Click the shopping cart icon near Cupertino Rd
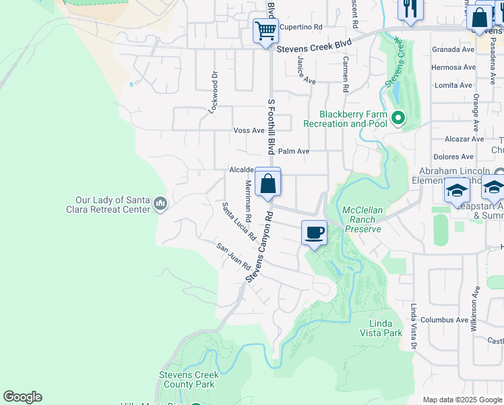pos(265,30)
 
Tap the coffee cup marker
pos(314,233)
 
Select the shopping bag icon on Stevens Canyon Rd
pos(267,182)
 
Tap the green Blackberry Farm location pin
pos(398,119)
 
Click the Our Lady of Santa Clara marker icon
pos(160,203)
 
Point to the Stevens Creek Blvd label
pos(315,43)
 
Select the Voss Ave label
pos(249,130)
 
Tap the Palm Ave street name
pos(293,151)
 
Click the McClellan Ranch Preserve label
pos(363,219)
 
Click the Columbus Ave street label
pos(444,319)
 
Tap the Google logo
pos(22,397)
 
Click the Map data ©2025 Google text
pos(462,400)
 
